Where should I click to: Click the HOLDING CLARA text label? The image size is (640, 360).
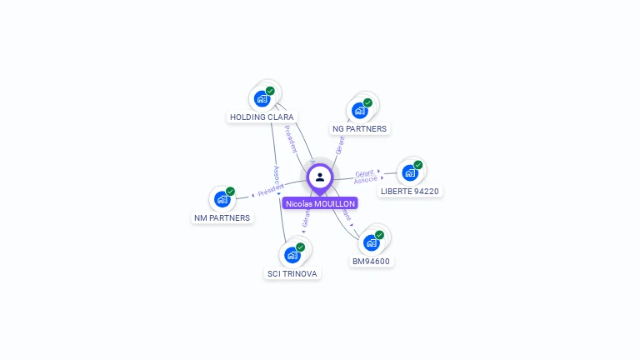click(262, 117)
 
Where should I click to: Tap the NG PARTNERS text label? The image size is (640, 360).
click(359, 129)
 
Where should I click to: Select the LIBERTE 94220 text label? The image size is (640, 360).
click(409, 191)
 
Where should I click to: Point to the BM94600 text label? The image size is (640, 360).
click(371, 261)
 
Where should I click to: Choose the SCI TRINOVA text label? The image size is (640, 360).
click(292, 273)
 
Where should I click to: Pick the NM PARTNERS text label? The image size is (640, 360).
click(222, 218)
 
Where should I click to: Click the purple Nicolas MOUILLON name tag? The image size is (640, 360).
click(320, 203)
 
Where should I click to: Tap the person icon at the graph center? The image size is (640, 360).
click(320, 177)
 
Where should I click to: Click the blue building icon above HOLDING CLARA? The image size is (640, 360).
click(262, 98)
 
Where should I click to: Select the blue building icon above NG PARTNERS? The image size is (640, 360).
click(359, 110)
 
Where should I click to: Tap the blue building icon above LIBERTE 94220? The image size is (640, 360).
click(409, 172)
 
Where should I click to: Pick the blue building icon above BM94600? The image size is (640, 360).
click(371, 242)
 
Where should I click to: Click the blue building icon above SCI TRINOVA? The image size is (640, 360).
click(292, 254)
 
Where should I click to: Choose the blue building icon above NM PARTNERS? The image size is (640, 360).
click(222, 199)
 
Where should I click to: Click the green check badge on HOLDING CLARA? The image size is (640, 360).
click(270, 91)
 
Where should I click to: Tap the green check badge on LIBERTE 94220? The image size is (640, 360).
click(417, 165)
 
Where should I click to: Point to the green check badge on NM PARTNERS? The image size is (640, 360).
click(230, 192)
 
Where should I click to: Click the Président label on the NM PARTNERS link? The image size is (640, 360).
click(271, 190)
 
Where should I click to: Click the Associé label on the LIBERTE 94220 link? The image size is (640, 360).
click(365, 180)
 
